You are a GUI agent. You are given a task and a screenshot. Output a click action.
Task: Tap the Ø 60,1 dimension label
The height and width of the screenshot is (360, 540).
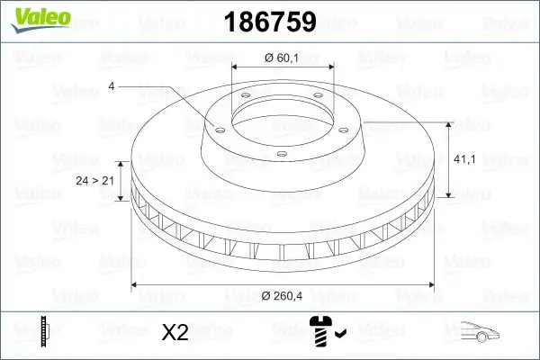282,58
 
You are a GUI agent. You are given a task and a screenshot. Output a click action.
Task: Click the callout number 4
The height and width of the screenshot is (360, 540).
112,86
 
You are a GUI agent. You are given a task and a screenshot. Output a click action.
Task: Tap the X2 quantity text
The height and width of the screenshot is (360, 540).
174,332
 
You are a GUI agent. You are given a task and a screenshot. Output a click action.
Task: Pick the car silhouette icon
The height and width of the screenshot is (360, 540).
481,332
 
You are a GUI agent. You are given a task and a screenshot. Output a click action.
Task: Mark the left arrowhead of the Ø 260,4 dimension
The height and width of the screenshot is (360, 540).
135,284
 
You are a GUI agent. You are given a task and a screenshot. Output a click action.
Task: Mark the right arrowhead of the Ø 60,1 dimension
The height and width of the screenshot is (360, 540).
330,67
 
